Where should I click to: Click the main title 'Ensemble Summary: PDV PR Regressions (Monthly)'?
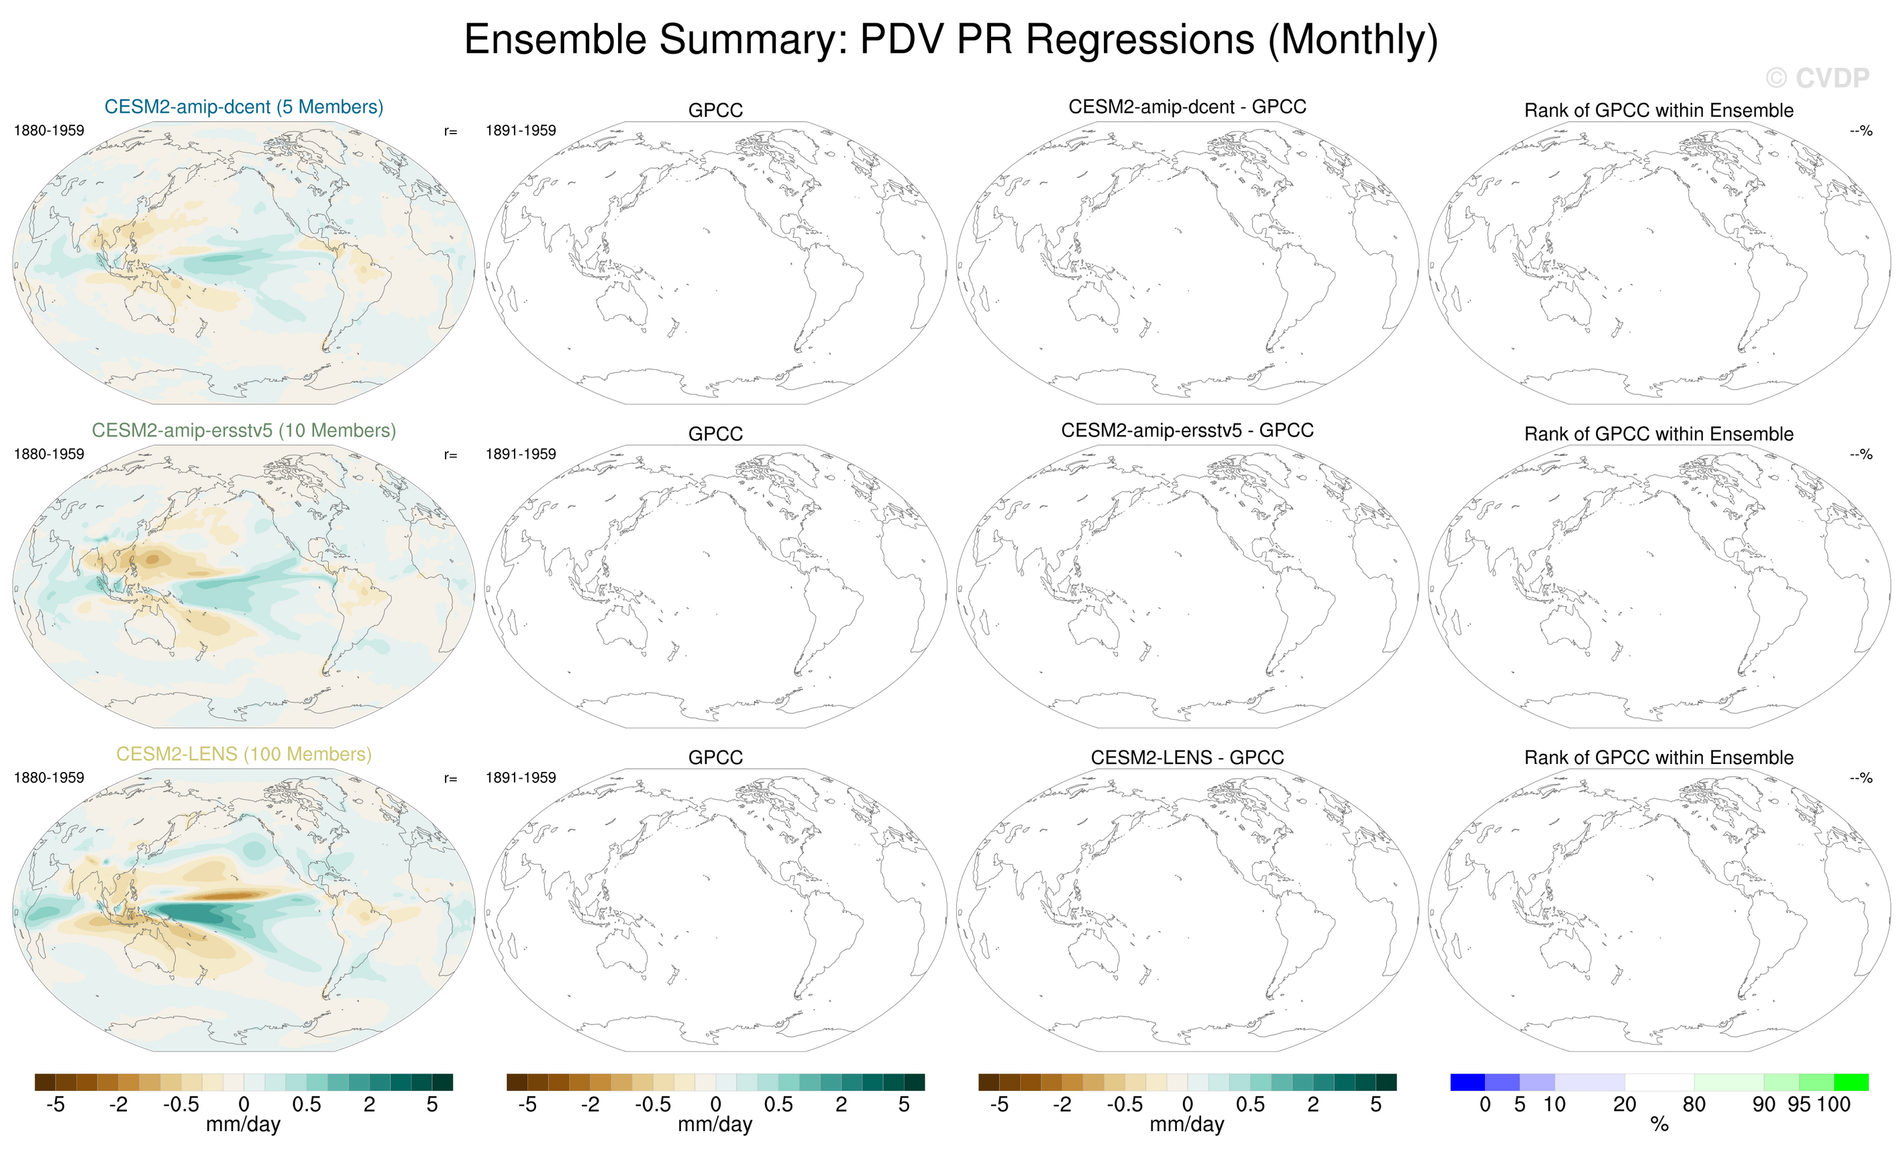pyautogui.click(x=951, y=40)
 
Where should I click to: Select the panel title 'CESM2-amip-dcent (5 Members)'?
pyautogui.click(x=244, y=107)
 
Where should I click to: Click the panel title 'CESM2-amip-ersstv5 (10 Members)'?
pyautogui.click(x=244, y=430)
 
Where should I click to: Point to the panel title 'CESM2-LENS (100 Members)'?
pyautogui.click(x=244, y=754)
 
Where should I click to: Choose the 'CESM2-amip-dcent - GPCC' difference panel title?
pyautogui.click(x=1187, y=107)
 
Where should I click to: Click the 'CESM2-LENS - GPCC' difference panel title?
pyautogui.click(x=1187, y=757)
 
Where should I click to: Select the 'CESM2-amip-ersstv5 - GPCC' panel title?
pyautogui.click(x=1187, y=430)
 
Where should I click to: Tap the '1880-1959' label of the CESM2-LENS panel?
pyautogui.click(x=49, y=777)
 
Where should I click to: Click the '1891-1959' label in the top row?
pyautogui.click(x=521, y=130)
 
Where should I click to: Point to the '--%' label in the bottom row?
pyautogui.click(x=1861, y=778)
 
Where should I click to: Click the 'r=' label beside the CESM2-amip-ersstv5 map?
pyautogui.click(x=450, y=455)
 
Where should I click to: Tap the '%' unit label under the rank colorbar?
pyautogui.click(x=1659, y=1125)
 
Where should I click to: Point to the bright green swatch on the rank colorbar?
pyautogui.click(x=1851, y=1081)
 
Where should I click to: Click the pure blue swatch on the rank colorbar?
pyautogui.click(x=1468, y=1081)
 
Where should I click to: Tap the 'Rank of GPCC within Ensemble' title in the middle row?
pyautogui.click(x=1659, y=434)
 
